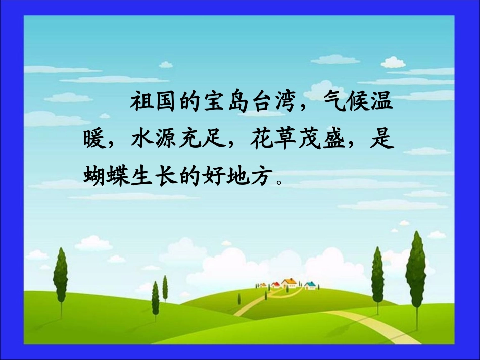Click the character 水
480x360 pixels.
(142, 139)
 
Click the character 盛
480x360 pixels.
(334, 139)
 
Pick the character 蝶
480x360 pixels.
(118, 176)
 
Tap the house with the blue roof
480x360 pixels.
(310, 285)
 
